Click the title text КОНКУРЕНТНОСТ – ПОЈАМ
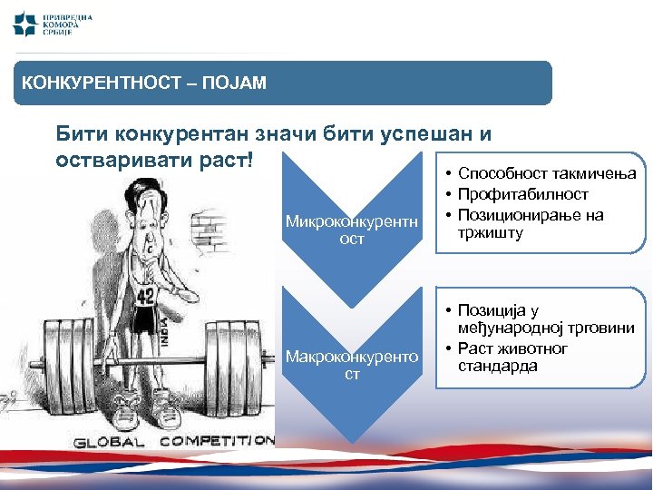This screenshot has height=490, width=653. tap(144, 83)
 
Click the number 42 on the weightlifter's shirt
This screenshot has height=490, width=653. tap(146, 296)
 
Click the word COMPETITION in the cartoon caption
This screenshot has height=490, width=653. tap(218, 441)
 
